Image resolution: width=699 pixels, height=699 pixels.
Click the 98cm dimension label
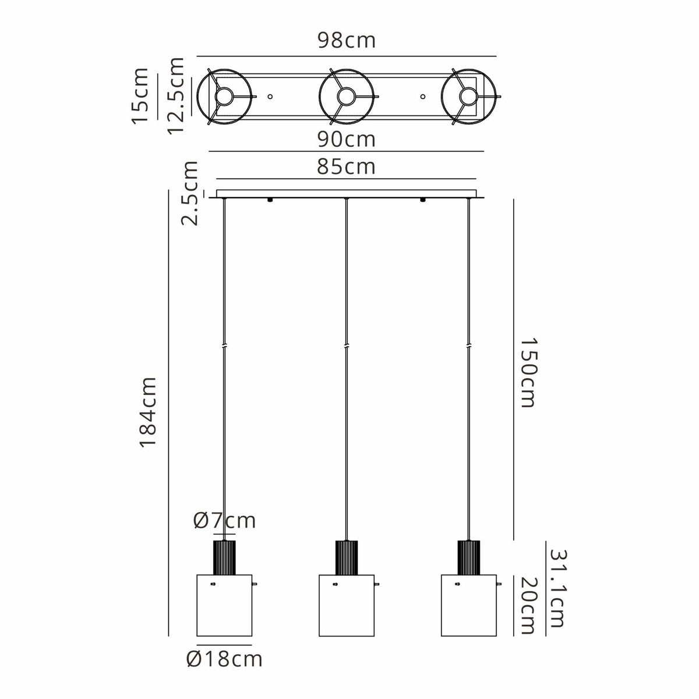pyautogui.click(x=347, y=40)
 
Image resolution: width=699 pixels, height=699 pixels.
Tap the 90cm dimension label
pyautogui.click(x=347, y=139)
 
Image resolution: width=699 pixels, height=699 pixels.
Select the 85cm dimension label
pyautogui.click(x=347, y=167)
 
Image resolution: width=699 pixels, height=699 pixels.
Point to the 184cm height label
pyautogui.click(x=149, y=412)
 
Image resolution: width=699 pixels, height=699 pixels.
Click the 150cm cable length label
pyautogui.click(x=527, y=373)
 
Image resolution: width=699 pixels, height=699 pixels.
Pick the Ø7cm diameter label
pyautogui.click(x=224, y=521)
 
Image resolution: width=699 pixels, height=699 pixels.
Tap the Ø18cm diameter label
pyautogui.click(x=224, y=659)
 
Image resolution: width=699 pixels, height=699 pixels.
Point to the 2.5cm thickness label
pyautogui.click(x=190, y=194)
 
